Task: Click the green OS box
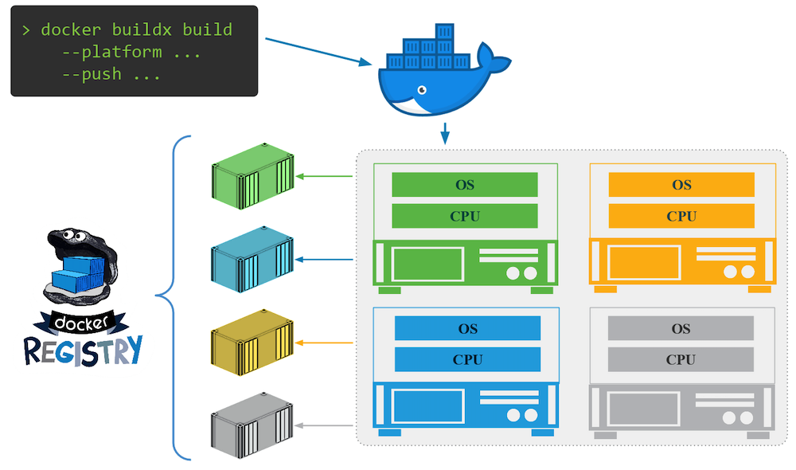click(465, 185)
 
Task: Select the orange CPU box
click(681, 216)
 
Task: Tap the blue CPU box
click(467, 359)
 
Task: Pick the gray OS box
click(681, 328)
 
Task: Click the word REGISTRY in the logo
click(83, 350)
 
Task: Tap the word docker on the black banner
click(80, 323)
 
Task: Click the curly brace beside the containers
click(171, 298)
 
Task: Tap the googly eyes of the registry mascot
click(68, 237)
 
